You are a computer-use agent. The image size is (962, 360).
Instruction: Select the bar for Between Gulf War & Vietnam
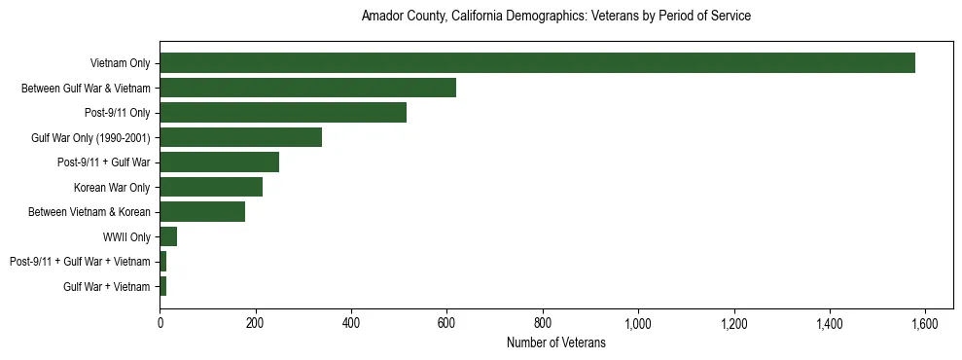pyautogui.click(x=307, y=88)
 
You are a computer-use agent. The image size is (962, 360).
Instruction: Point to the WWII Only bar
pyautogui.click(x=168, y=236)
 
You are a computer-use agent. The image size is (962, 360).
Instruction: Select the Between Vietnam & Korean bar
pyautogui.click(x=202, y=212)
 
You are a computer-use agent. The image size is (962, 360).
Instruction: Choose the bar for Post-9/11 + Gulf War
pyautogui.click(x=219, y=162)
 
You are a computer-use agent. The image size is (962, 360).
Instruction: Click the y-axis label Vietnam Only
pyautogui.click(x=120, y=63)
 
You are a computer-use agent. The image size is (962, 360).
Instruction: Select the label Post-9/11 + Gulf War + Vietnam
pyautogui.click(x=80, y=262)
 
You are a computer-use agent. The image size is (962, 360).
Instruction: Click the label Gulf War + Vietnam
pyautogui.click(x=107, y=286)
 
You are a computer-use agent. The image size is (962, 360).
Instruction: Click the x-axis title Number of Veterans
pyautogui.click(x=556, y=342)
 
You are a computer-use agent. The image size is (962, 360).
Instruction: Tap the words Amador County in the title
pyautogui.click(x=403, y=17)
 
